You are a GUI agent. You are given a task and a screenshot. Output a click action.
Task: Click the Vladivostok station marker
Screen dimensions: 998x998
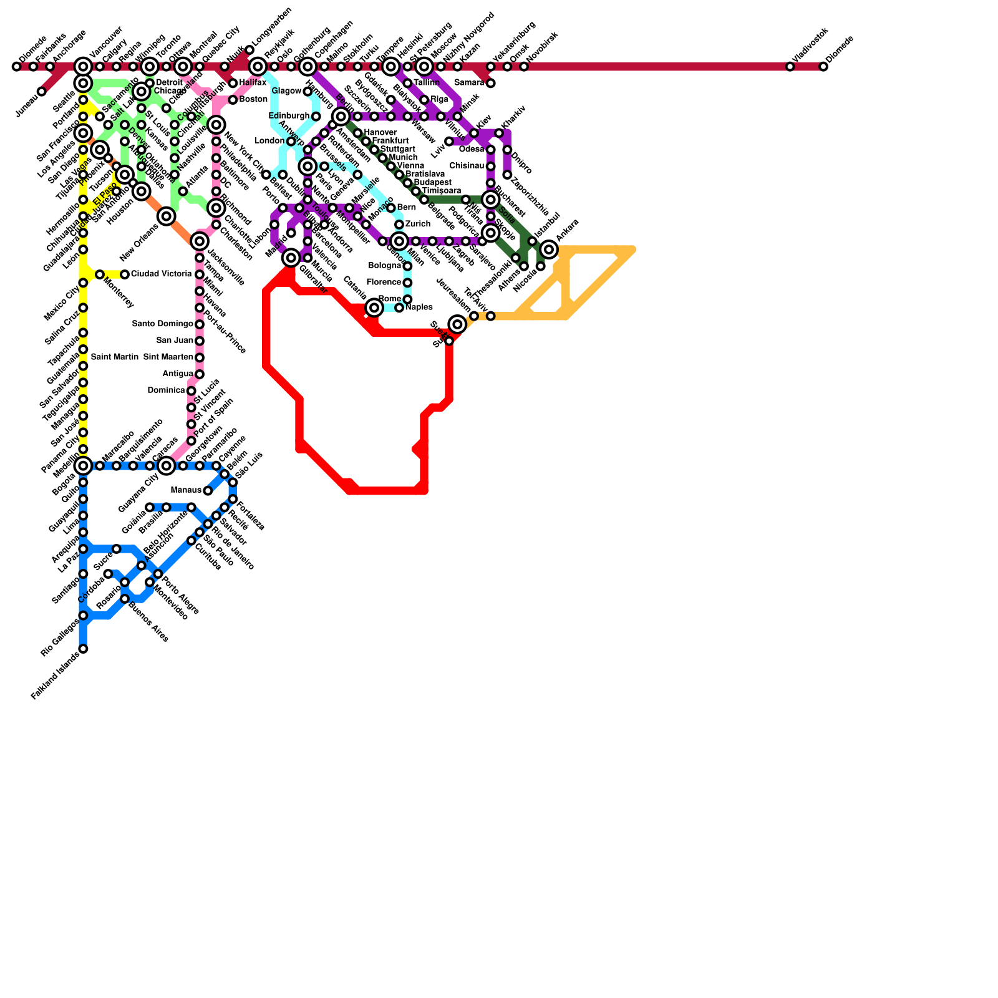click(x=790, y=67)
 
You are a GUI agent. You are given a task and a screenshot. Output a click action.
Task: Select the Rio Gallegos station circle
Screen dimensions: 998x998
click(x=83, y=616)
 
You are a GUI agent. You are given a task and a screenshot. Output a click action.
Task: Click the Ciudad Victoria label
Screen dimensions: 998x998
click(x=161, y=274)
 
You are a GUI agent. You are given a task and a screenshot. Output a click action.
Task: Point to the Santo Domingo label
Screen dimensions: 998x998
click(x=163, y=324)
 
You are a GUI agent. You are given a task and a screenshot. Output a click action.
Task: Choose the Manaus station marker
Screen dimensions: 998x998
click(x=208, y=491)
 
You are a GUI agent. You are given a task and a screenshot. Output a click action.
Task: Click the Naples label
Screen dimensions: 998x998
click(x=419, y=308)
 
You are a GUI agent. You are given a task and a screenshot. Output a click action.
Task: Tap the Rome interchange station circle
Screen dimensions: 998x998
click(x=374, y=308)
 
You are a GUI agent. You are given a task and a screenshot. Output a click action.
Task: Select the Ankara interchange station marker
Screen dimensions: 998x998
click(x=549, y=249)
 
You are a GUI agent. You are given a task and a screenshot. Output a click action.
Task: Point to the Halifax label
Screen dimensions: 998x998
click(x=253, y=83)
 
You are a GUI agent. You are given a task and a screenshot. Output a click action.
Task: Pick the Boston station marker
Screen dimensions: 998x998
click(x=233, y=100)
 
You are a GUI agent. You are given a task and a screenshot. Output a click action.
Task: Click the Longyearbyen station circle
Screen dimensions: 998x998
click(x=249, y=50)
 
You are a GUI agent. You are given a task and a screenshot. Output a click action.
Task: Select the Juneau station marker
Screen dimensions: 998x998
click(x=42, y=92)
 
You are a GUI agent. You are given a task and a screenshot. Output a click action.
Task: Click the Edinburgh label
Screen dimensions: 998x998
click(x=289, y=116)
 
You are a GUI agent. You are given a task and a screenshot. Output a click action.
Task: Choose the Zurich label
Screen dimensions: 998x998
click(x=417, y=224)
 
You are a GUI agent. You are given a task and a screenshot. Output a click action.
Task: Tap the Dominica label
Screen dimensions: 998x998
click(x=167, y=390)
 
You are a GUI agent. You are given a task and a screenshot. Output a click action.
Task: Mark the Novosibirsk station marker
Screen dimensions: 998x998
click(x=524, y=67)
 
